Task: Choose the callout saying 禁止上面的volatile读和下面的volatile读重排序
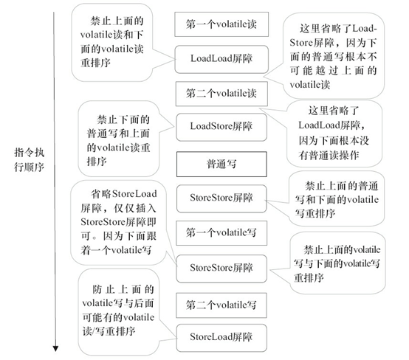click(120, 41)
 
